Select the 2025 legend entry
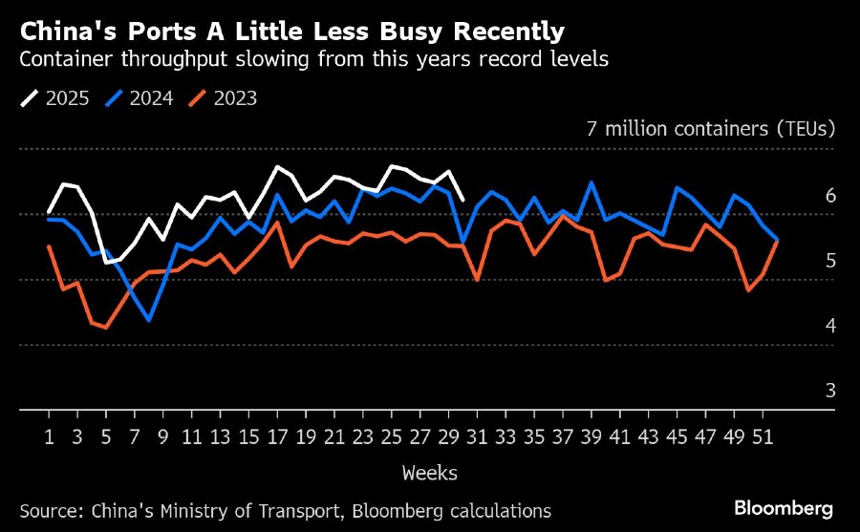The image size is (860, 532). coord(54,97)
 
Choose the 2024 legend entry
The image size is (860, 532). coord(139,97)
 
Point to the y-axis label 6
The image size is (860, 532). coord(830,196)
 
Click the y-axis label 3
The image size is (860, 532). coord(830,391)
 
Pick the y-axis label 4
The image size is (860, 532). coord(830,326)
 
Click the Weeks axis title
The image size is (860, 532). coord(429,473)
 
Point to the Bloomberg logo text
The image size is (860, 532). coord(784,507)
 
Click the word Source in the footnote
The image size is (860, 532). coord(50,511)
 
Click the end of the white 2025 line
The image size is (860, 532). coord(462,200)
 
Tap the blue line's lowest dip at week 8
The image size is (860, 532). coord(149,320)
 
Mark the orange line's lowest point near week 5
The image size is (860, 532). coord(106,328)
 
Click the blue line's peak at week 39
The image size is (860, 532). coord(591,182)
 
